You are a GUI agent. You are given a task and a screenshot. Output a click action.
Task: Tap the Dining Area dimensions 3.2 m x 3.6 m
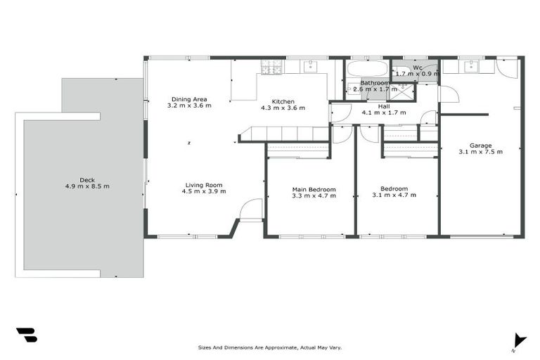(189, 105)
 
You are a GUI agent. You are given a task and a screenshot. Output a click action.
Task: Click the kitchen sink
(311, 66)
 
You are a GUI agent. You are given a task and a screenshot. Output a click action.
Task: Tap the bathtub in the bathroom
(366, 69)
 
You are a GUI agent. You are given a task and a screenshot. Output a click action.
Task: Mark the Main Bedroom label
(314, 189)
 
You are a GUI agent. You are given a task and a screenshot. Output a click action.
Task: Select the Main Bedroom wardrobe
(298, 149)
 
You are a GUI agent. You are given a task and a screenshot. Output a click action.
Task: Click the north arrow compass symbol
(519, 340)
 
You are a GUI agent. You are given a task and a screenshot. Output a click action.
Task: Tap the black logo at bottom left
(26, 335)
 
